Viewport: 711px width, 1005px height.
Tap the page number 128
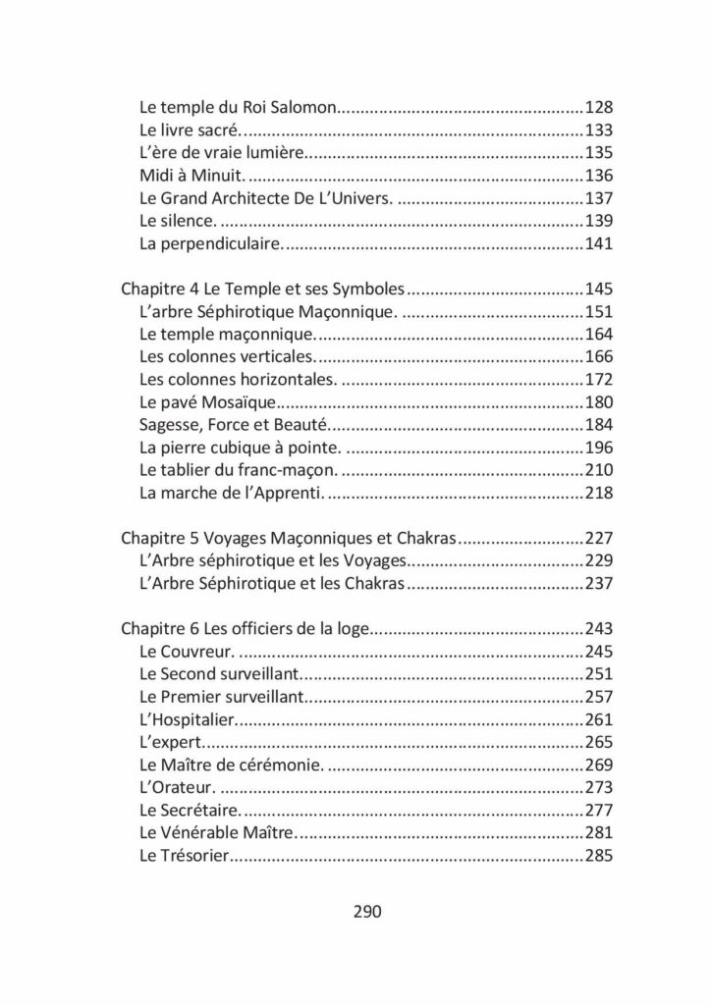[598, 107]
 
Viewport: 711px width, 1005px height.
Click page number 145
[598, 290]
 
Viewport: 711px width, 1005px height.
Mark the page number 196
[598, 449]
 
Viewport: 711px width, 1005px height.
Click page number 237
[598, 584]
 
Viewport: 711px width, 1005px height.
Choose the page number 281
[598, 833]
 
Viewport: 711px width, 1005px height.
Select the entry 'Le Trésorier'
[185, 856]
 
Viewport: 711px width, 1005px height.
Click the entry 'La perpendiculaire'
[211, 243]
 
